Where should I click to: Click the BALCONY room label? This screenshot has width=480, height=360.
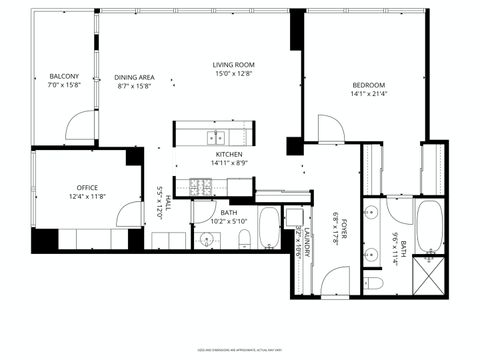pos(64,77)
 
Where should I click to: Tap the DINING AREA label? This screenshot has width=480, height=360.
pos(133,77)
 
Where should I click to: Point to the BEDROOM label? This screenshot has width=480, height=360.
pos(368,85)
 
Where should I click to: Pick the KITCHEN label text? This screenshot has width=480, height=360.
pos(229,155)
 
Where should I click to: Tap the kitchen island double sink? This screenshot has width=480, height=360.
pos(217,137)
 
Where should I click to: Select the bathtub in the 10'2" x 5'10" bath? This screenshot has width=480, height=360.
pos(269,228)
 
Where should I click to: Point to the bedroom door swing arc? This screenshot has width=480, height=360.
pos(330,128)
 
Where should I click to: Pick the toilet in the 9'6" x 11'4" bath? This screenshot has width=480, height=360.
pos(374,283)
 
